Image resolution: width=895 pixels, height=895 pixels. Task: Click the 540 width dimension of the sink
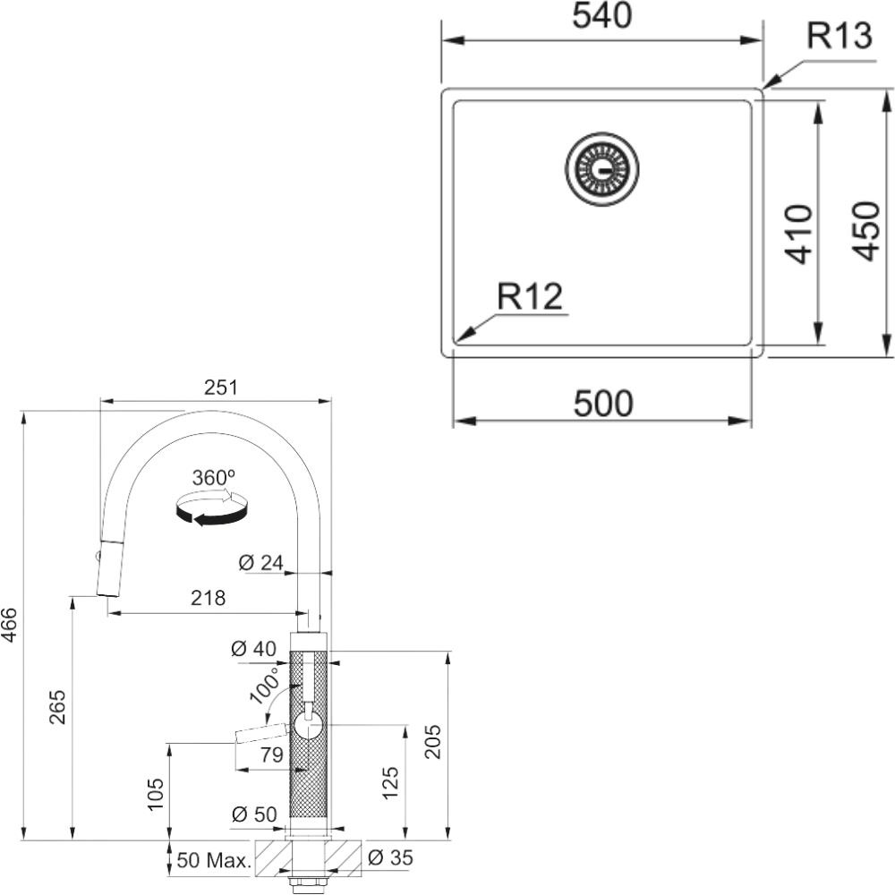point(602,16)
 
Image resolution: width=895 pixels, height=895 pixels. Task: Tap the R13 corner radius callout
point(840,36)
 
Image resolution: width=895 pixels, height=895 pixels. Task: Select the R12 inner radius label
point(530,296)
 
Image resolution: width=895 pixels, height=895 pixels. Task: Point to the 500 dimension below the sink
point(603,404)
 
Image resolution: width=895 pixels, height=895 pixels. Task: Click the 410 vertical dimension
point(798,234)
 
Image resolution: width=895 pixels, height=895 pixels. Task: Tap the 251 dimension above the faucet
point(221,388)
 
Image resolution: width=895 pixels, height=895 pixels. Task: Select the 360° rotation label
point(214,477)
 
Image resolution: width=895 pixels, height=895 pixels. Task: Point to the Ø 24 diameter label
point(260,563)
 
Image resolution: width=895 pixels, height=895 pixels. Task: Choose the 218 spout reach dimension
point(208,598)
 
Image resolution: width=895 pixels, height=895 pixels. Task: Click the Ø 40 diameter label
point(253,648)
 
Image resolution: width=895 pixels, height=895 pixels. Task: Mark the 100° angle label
point(265,684)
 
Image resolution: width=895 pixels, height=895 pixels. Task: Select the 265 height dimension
point(57,707)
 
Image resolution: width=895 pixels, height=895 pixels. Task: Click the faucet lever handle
point(260,732)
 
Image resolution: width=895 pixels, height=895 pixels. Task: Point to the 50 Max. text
point(214,860)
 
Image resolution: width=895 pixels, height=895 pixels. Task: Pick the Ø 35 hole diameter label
point(390,857)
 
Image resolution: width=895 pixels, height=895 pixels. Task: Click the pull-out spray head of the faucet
point(108,567)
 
